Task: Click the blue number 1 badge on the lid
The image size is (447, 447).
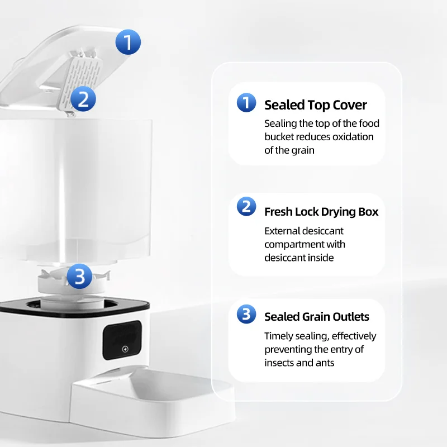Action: pos(129,42)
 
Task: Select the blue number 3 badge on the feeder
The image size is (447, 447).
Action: pos(80,276)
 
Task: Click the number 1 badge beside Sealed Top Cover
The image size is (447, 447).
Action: pos(246,103)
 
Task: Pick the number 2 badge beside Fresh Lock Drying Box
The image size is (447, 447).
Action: pos(246,207)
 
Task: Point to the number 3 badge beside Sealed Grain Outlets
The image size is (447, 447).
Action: pos(246,314)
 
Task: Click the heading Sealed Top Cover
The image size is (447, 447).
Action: pos(315,105)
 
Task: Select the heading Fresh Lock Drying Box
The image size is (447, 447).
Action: pos(321,212)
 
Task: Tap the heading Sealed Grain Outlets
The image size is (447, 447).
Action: pos(317,317)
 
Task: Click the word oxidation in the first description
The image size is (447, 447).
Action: pos(353,137)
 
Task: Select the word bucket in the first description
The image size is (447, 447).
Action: pos(278,137)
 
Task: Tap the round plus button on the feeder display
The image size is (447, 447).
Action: pos(125,349)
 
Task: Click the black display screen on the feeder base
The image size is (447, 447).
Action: pos(124,341)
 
